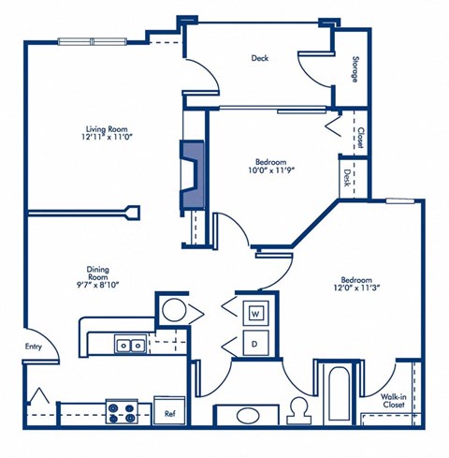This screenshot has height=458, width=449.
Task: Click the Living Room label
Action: [107, 129]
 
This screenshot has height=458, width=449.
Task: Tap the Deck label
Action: [260, 58]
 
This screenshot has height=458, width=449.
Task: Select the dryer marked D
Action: [255, 343]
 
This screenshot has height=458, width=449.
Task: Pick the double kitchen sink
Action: [130, 345]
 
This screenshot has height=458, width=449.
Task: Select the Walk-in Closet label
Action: [393, 400]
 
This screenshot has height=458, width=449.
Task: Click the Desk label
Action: [346, 178]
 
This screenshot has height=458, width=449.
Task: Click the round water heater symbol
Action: [175, 310]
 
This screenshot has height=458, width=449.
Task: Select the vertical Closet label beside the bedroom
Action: [360, 138]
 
